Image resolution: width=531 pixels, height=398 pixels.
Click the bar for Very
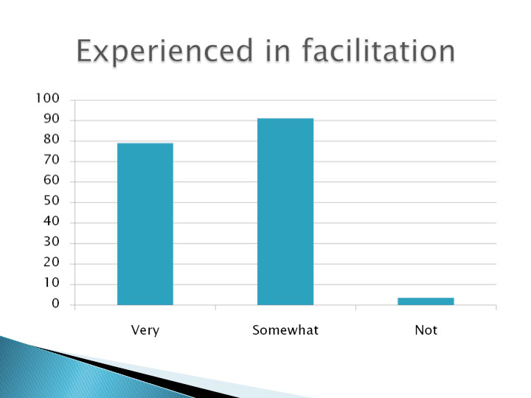click(x=145, y=224)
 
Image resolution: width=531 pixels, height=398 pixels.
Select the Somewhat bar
click(x=285, y=212)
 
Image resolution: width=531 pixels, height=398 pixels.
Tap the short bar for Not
click(x=426, y=301)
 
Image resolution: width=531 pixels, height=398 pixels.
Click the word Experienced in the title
click(x=164, y=51)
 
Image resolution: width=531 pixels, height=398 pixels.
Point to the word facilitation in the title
click(x=378, y=50)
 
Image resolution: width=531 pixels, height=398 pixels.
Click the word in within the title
click(x=278, y=50)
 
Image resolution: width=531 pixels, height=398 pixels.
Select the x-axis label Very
click(x=145, y=330)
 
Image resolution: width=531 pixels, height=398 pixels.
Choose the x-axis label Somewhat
click(x=285, y=329)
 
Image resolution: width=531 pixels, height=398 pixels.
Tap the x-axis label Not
click(x=426, y=329)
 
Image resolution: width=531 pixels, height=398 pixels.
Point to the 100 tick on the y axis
click(x=47, y=98)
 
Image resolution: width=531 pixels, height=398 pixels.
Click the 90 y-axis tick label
click(x=52, y=119)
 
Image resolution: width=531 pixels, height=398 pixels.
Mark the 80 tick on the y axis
click(x=52, y=139)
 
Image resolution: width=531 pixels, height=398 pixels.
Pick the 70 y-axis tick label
click(x=52, y=160)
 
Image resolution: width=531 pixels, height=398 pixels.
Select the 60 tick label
click(x=52, y=180)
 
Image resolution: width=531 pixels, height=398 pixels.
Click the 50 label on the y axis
click(x=52, y=200)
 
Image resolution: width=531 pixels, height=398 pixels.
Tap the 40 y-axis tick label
click(x=52, y=221)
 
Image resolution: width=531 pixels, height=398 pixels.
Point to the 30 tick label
click(x=52, y=242)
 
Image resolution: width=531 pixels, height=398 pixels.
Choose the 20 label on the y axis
click(x=52, y=262)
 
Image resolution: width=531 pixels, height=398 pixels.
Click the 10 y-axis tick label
click(x=52, y=282)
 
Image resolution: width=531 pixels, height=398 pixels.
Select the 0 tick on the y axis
click(x=55, y=304)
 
